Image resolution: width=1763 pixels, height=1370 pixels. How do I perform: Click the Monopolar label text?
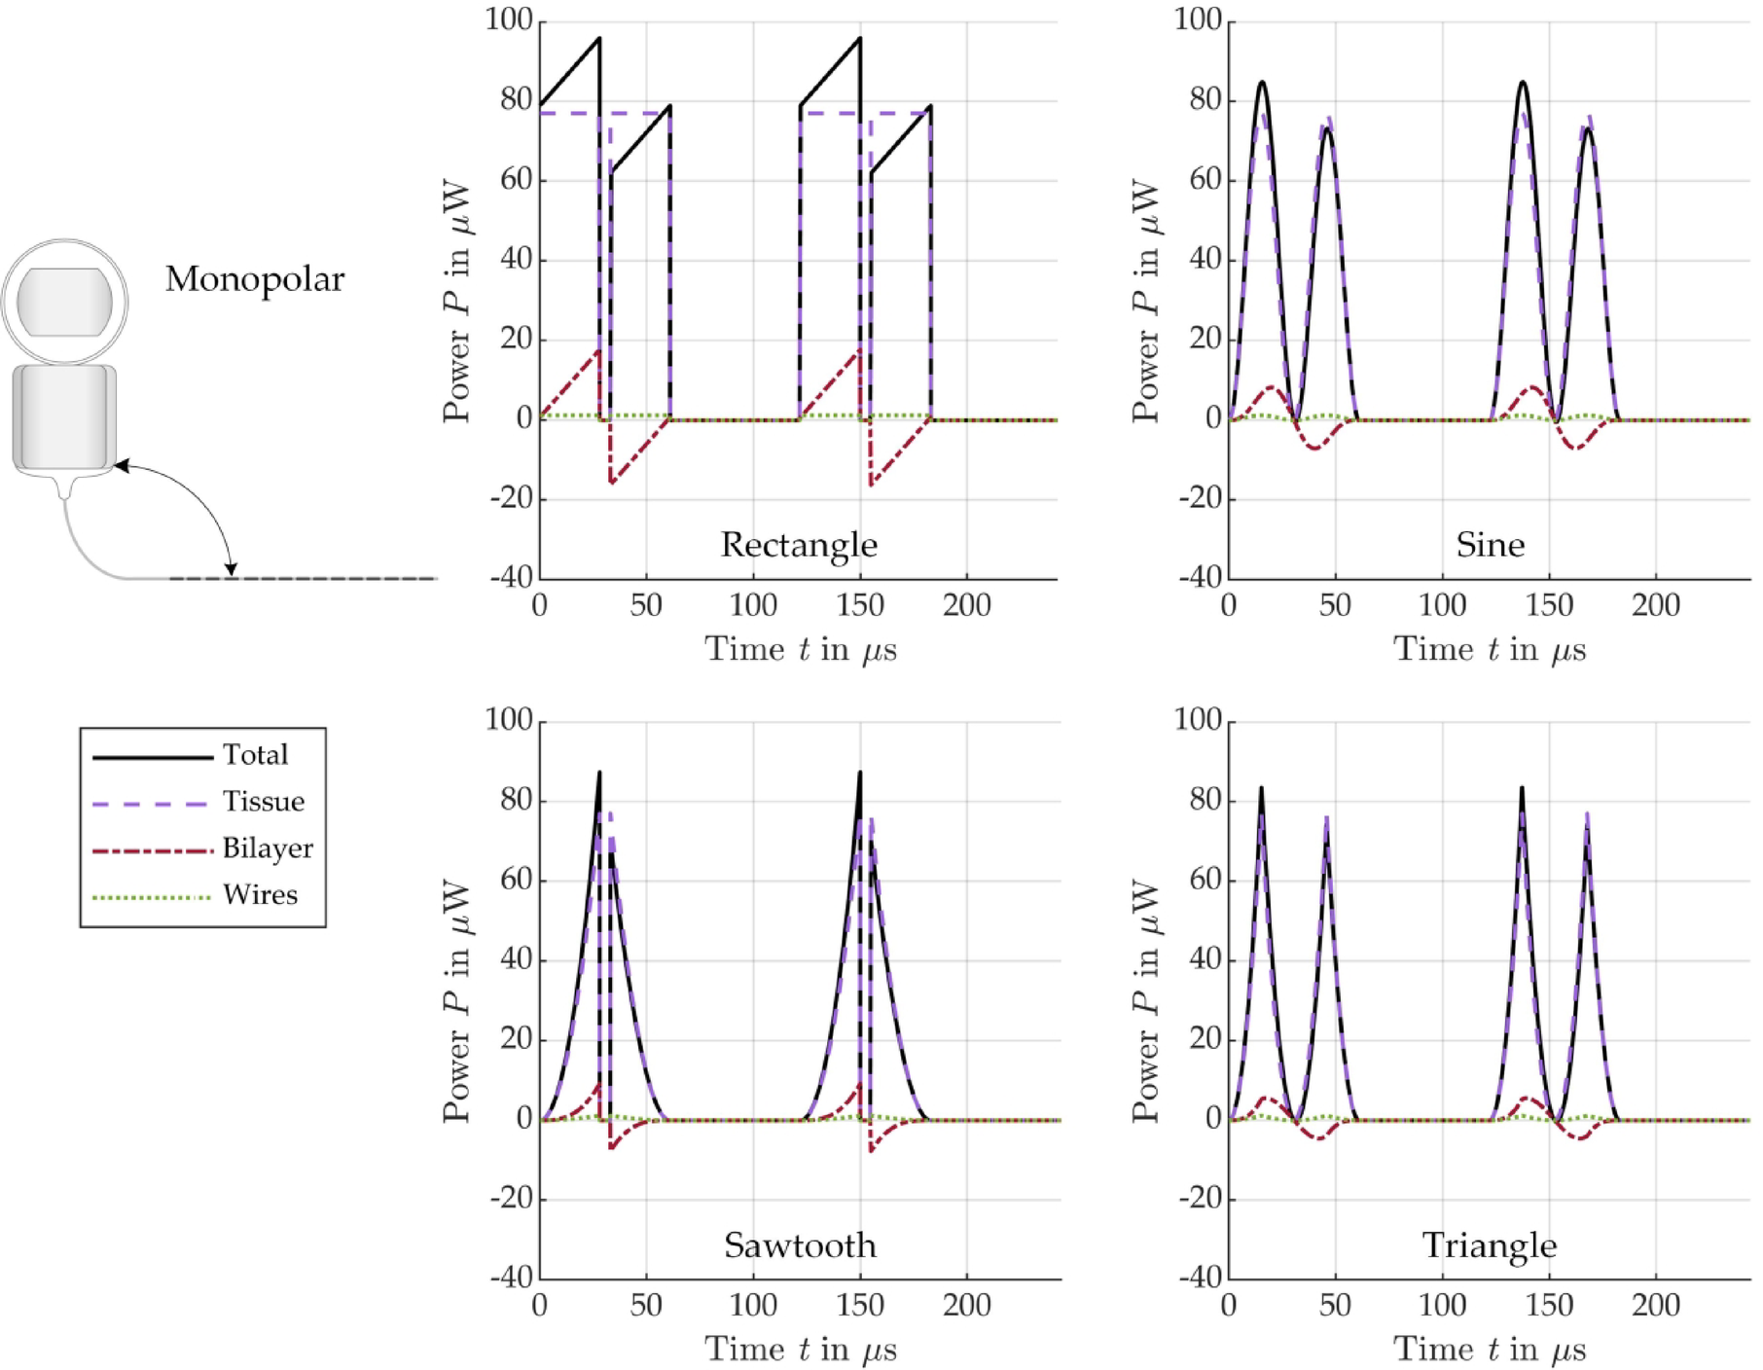click(254, 280)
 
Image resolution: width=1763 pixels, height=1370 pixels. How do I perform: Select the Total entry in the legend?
click(255, 755)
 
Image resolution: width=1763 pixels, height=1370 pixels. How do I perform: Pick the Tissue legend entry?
click(263, 802)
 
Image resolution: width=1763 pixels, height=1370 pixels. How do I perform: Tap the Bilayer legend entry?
click(267, 848)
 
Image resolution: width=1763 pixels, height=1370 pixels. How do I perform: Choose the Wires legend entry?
click(260, 895)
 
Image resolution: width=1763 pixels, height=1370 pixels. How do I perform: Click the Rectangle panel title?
click(798, 545)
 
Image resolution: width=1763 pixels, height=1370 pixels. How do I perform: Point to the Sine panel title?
click(1490, 545)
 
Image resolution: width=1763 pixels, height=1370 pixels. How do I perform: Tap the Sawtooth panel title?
click(799, 1245)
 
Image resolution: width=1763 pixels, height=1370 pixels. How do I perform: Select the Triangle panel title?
click(1489, 1245)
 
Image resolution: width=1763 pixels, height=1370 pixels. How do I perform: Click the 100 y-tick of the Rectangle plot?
click(509, 20)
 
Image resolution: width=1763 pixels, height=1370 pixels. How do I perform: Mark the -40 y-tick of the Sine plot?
click(1200, 578)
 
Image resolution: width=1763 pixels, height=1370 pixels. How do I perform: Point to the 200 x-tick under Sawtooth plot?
click(966, 1305)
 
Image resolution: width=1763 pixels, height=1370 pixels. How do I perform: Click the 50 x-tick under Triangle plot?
click(1335, 1305)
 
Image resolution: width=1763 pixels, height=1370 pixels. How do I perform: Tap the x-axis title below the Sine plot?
click(1489, 650)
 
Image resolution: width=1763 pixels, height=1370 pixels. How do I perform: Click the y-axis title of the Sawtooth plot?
click(457, 1002)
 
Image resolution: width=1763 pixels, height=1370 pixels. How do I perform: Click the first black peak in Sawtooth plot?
click(599, 775)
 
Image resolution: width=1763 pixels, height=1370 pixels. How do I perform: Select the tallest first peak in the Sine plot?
click(1262, 83)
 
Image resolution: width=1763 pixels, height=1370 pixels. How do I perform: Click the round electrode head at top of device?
click(64, 302)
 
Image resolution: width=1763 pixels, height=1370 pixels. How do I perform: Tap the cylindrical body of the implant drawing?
click(64, 416)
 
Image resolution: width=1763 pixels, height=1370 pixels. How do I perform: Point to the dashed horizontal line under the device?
click(302, 579)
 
